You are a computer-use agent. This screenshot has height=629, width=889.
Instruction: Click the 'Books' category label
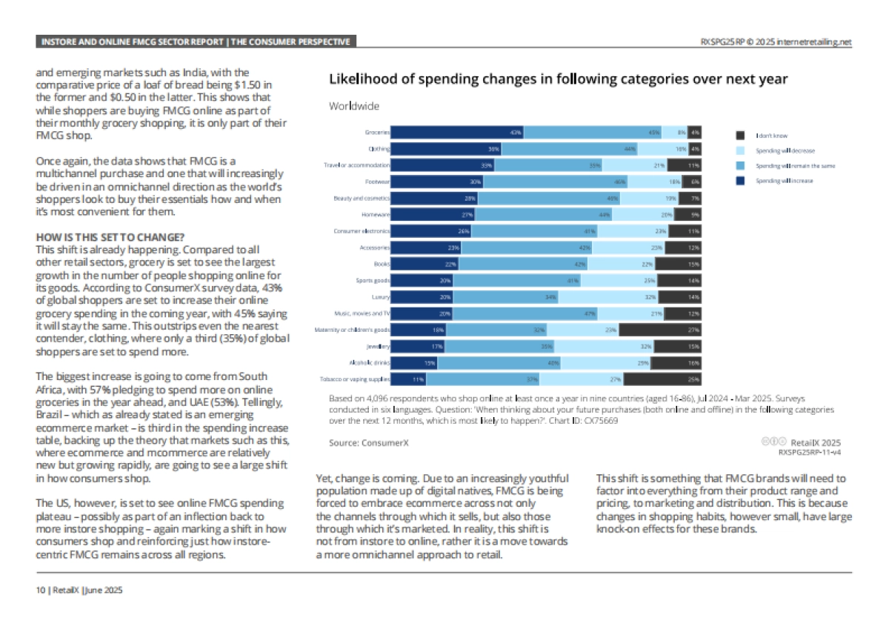382,264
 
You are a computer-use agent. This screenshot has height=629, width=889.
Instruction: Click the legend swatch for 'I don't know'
739,136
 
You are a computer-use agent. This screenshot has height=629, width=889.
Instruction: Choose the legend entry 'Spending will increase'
784,181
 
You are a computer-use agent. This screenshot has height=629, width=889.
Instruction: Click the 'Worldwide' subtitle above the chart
354,106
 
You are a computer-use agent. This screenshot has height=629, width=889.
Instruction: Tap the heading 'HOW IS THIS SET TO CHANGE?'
110,237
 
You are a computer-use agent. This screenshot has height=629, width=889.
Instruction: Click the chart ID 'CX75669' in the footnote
602,420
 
